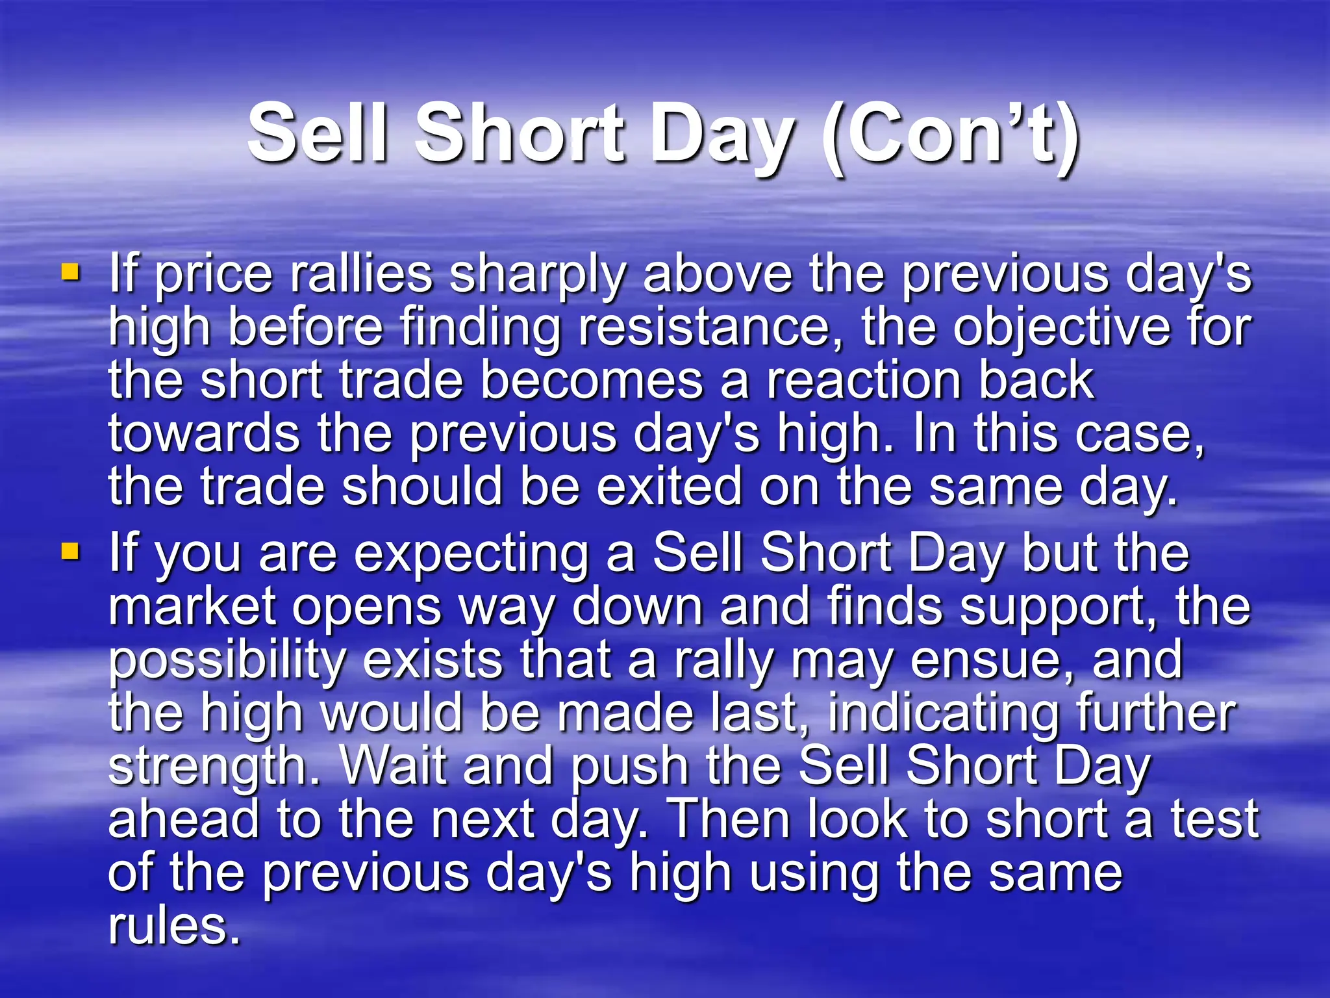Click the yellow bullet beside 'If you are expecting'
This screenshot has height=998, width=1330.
click(x=70, y=552)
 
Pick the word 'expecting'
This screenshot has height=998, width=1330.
click(x=471, y=556)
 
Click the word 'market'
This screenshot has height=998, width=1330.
click(x=192, y=607)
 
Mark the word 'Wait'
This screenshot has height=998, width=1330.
click(x=394, y=766)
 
